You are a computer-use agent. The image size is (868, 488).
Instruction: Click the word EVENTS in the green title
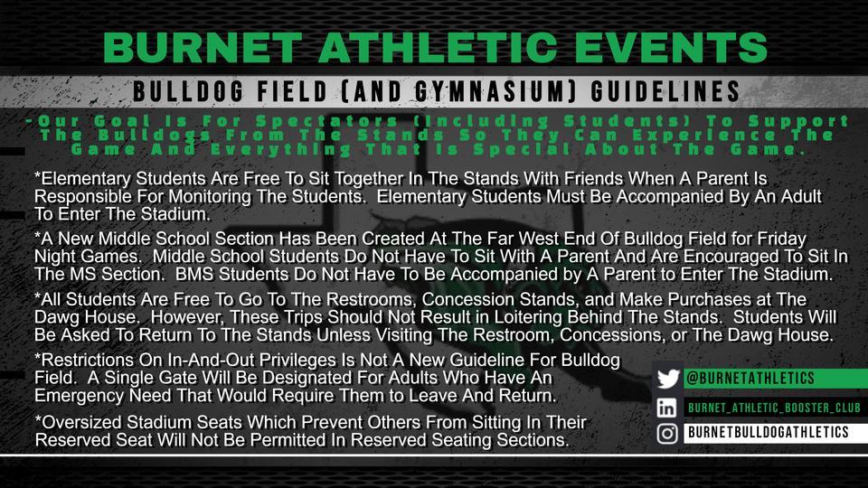[671, 47]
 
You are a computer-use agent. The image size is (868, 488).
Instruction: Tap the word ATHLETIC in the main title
[438, 47]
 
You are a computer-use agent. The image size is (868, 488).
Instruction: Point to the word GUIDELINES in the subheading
[665, 91]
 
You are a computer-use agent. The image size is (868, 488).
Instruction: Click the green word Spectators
[326, 121]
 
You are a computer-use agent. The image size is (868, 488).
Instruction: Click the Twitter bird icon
[668, 379]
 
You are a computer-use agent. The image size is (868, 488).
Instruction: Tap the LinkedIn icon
[667, 408]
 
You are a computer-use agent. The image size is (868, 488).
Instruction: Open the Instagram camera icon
[667, 433]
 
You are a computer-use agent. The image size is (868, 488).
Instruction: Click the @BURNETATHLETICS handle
[750, 379]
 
